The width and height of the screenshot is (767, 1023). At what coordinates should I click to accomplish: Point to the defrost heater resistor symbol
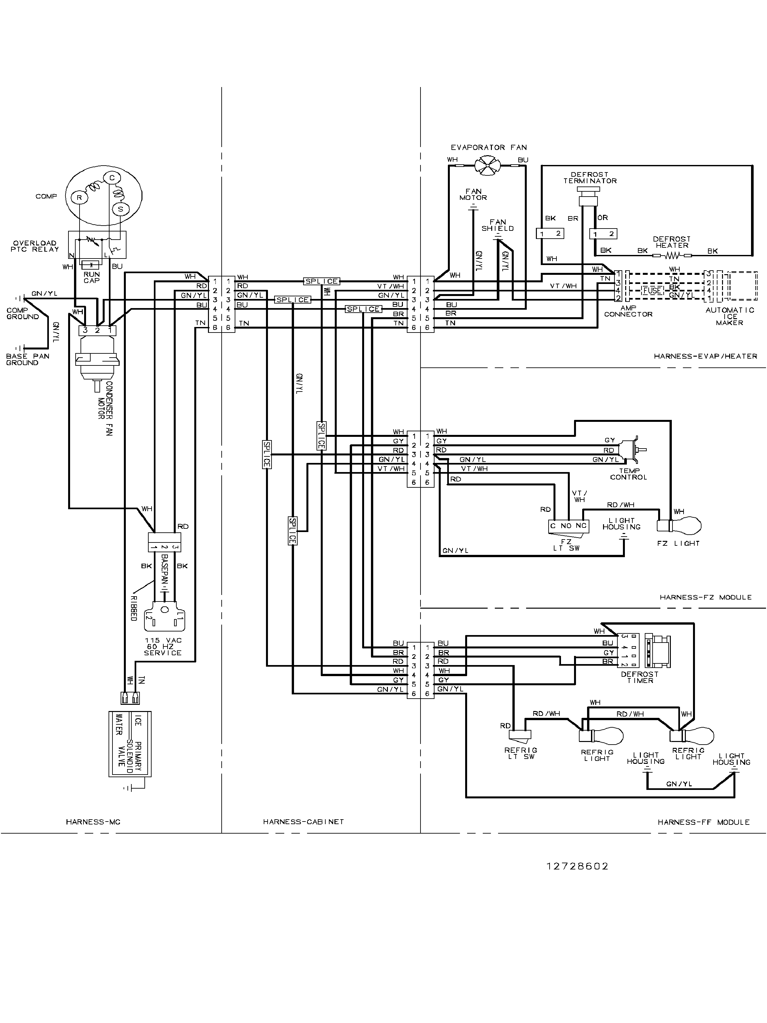(672, 255)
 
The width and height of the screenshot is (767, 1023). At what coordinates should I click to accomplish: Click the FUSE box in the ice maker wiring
(652, 291)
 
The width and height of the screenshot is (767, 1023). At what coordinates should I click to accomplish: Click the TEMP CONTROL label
(628, 474)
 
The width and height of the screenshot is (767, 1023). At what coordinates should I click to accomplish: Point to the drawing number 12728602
(577, 866)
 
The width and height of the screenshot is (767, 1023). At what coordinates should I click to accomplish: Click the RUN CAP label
(92, 277)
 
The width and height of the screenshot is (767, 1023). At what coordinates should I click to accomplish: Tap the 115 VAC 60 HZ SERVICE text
(163, 646)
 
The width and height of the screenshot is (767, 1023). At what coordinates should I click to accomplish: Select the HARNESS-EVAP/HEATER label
(705, 356)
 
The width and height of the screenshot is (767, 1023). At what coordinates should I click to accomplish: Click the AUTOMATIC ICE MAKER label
(730, 316)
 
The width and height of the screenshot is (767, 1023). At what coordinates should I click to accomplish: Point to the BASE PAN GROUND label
(28, 359)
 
